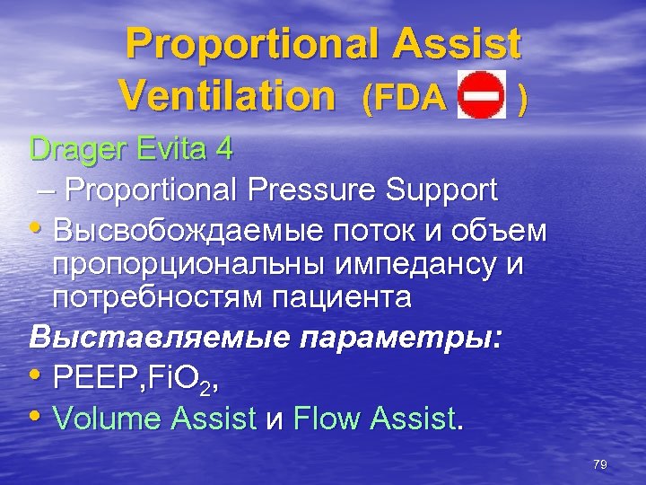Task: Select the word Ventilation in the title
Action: pos(225,93)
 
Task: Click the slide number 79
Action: pos(600,464)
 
